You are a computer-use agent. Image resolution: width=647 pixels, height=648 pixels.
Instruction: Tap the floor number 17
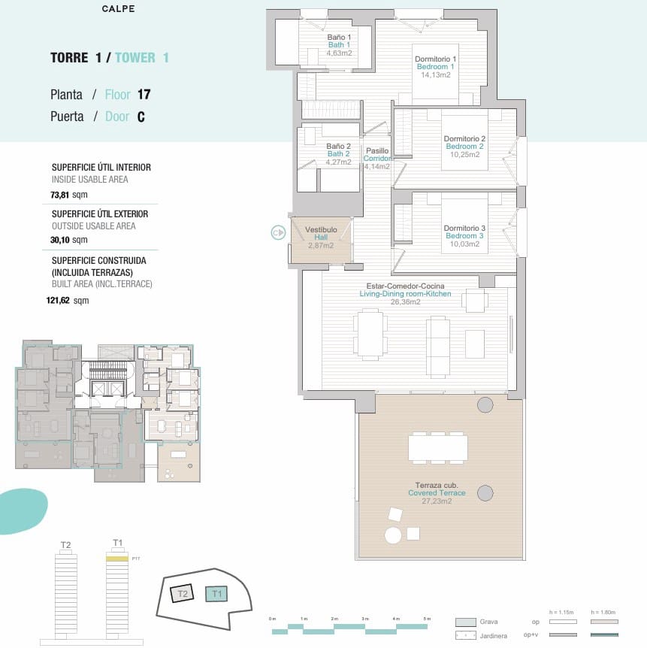point(144,95)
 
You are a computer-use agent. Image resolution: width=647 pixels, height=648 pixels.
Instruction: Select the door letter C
point(141,117)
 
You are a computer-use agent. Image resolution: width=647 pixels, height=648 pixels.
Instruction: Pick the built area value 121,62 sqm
point(68,300)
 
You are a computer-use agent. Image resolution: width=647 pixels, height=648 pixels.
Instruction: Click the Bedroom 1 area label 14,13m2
point(436,74)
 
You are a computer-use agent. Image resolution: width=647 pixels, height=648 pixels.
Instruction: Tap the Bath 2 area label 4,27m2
point(338,162)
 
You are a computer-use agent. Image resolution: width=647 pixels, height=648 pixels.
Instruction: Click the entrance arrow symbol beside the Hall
point(278,233)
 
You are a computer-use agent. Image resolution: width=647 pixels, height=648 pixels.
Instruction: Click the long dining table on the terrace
point(438,448)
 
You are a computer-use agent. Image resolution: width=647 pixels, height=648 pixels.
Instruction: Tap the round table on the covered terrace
point(393,535)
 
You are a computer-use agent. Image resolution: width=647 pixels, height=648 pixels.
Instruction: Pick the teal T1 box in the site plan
point(217,594)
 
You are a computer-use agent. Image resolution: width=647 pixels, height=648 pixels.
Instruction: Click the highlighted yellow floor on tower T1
point(117,559)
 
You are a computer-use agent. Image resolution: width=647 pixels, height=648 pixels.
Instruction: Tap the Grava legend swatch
point(465,622)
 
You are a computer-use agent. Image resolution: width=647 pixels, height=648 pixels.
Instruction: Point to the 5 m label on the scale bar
point(427,618)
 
